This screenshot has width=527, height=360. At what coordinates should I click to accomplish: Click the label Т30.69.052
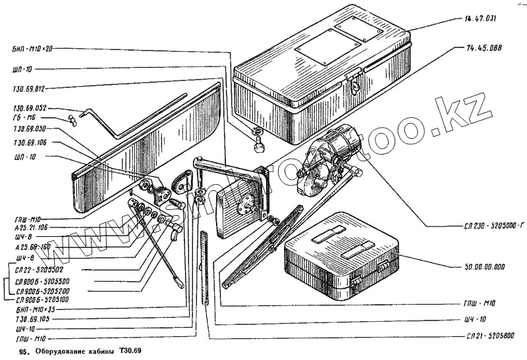coord(29,108)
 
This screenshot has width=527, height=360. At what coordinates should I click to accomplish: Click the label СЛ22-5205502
coord(38,270)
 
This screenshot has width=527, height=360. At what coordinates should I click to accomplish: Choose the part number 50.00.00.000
coord(479,267)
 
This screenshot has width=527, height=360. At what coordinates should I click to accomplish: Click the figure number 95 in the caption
coord(24,351)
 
